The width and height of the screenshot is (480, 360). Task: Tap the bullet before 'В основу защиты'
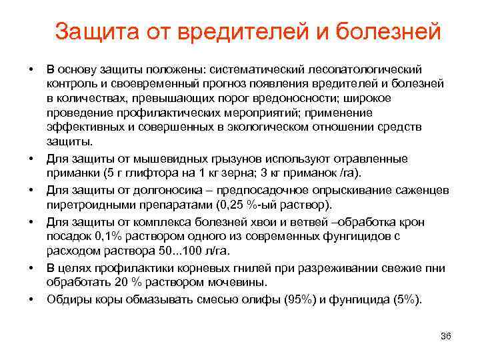(x=31, y=69)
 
